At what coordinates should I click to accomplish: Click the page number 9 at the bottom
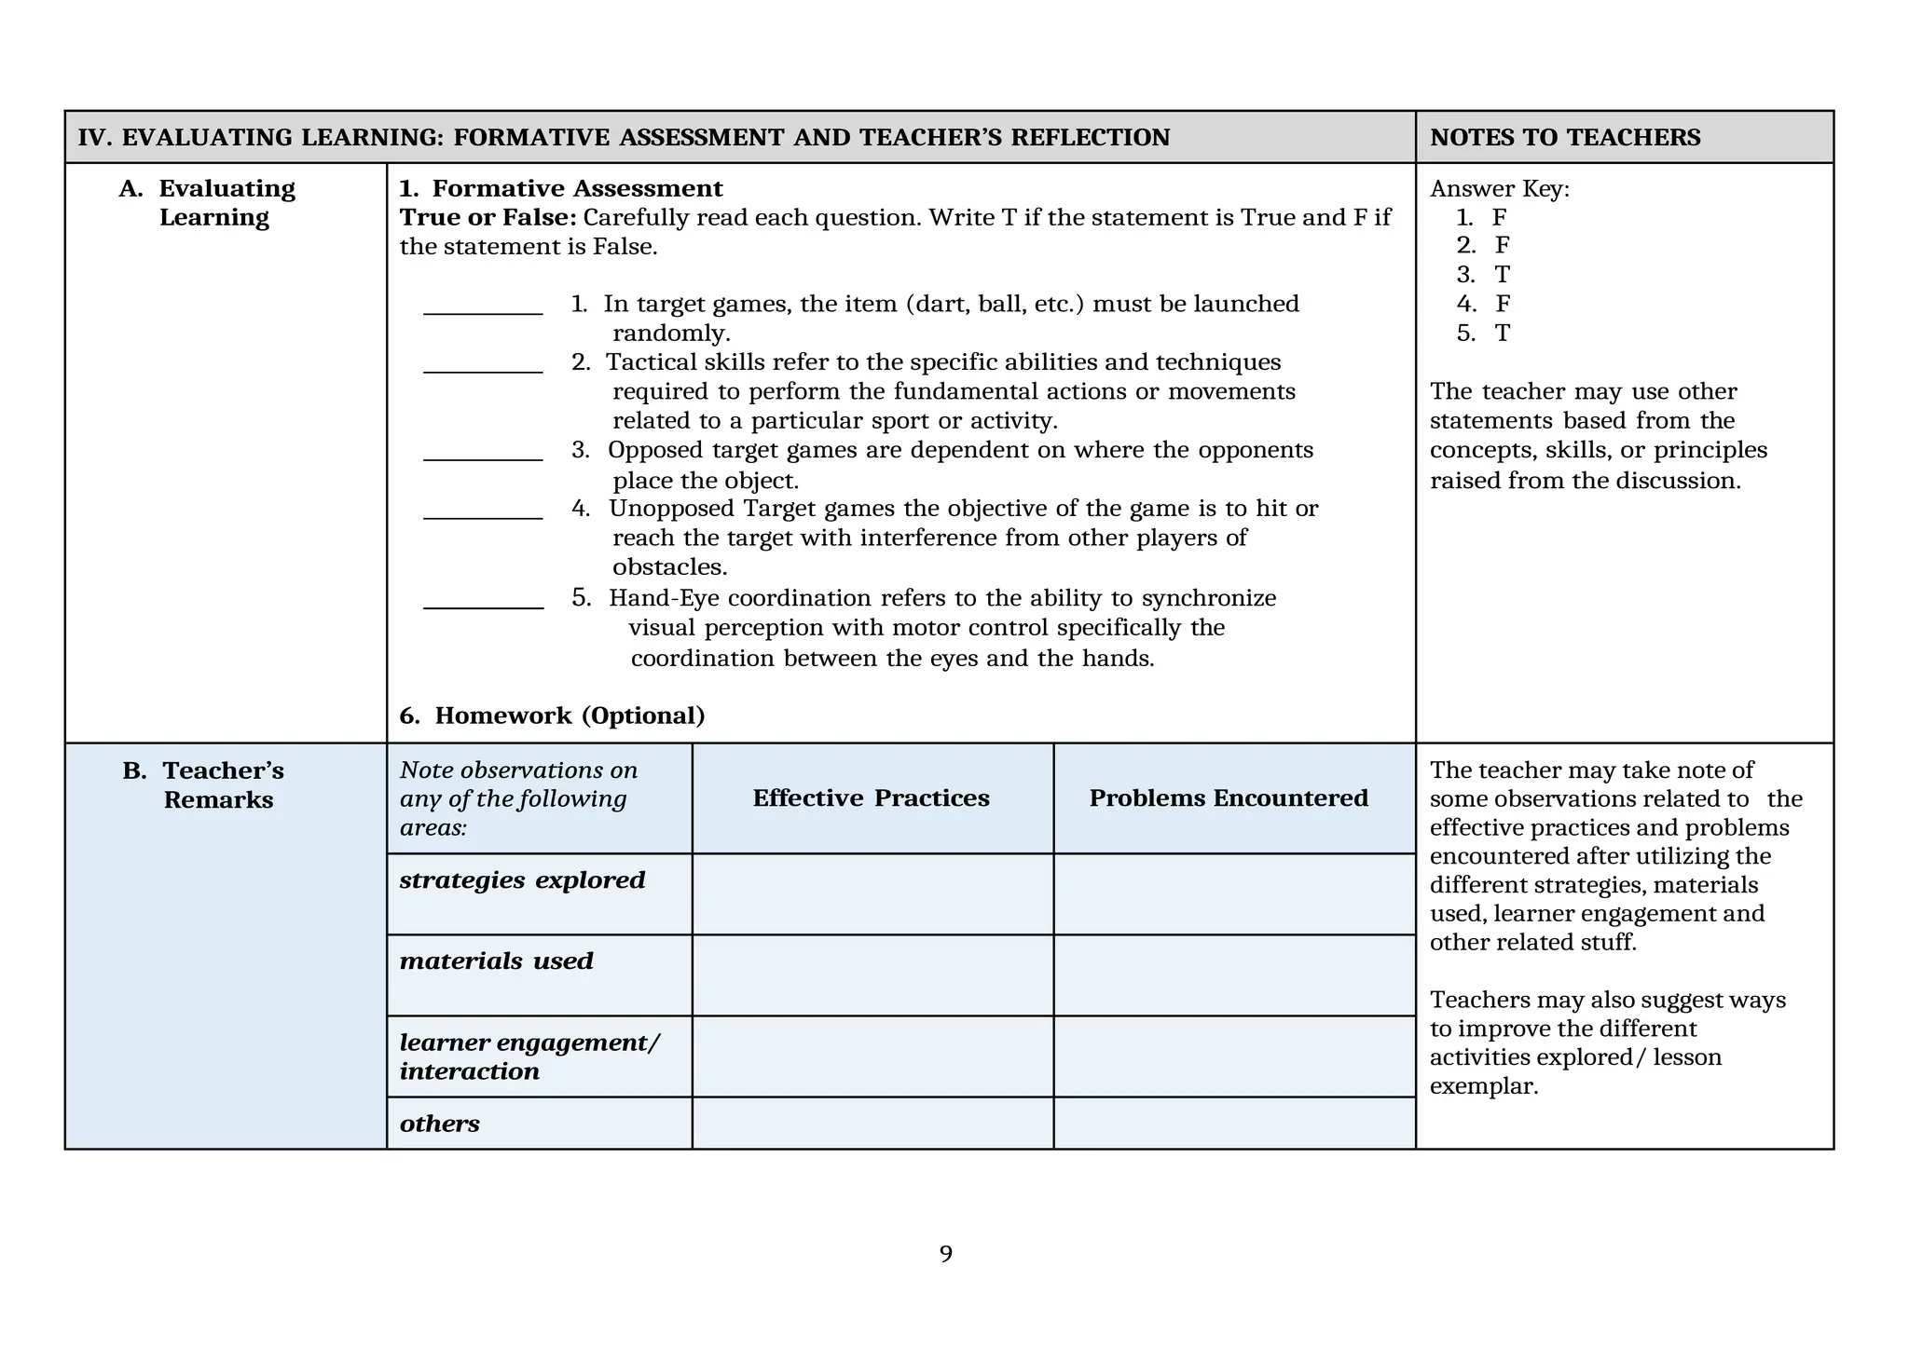tap(945, 1254)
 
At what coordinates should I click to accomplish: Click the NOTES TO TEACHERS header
tap(1565, 138)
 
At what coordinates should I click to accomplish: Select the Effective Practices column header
tap(871, 798)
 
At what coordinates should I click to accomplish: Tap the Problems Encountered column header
tap(1229, 798)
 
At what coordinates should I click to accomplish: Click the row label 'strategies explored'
tap(522, 880)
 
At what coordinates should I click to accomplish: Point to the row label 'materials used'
tap(496, 961)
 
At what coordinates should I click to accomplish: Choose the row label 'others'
tap(439, 1124)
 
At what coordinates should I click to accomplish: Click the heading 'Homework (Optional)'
tap(569, 715)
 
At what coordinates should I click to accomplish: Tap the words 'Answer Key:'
tap(1499, 189)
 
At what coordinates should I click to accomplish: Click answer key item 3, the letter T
tap(1502, 275)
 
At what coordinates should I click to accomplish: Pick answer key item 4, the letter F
tap(1503, 304)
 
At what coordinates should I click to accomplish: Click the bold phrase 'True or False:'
tap(488, 218)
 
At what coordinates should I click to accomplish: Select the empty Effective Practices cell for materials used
tap(872, 974)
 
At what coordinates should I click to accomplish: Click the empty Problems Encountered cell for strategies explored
tap(1234, 893)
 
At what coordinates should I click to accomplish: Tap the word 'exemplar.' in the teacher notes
tap(1483, 1086)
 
